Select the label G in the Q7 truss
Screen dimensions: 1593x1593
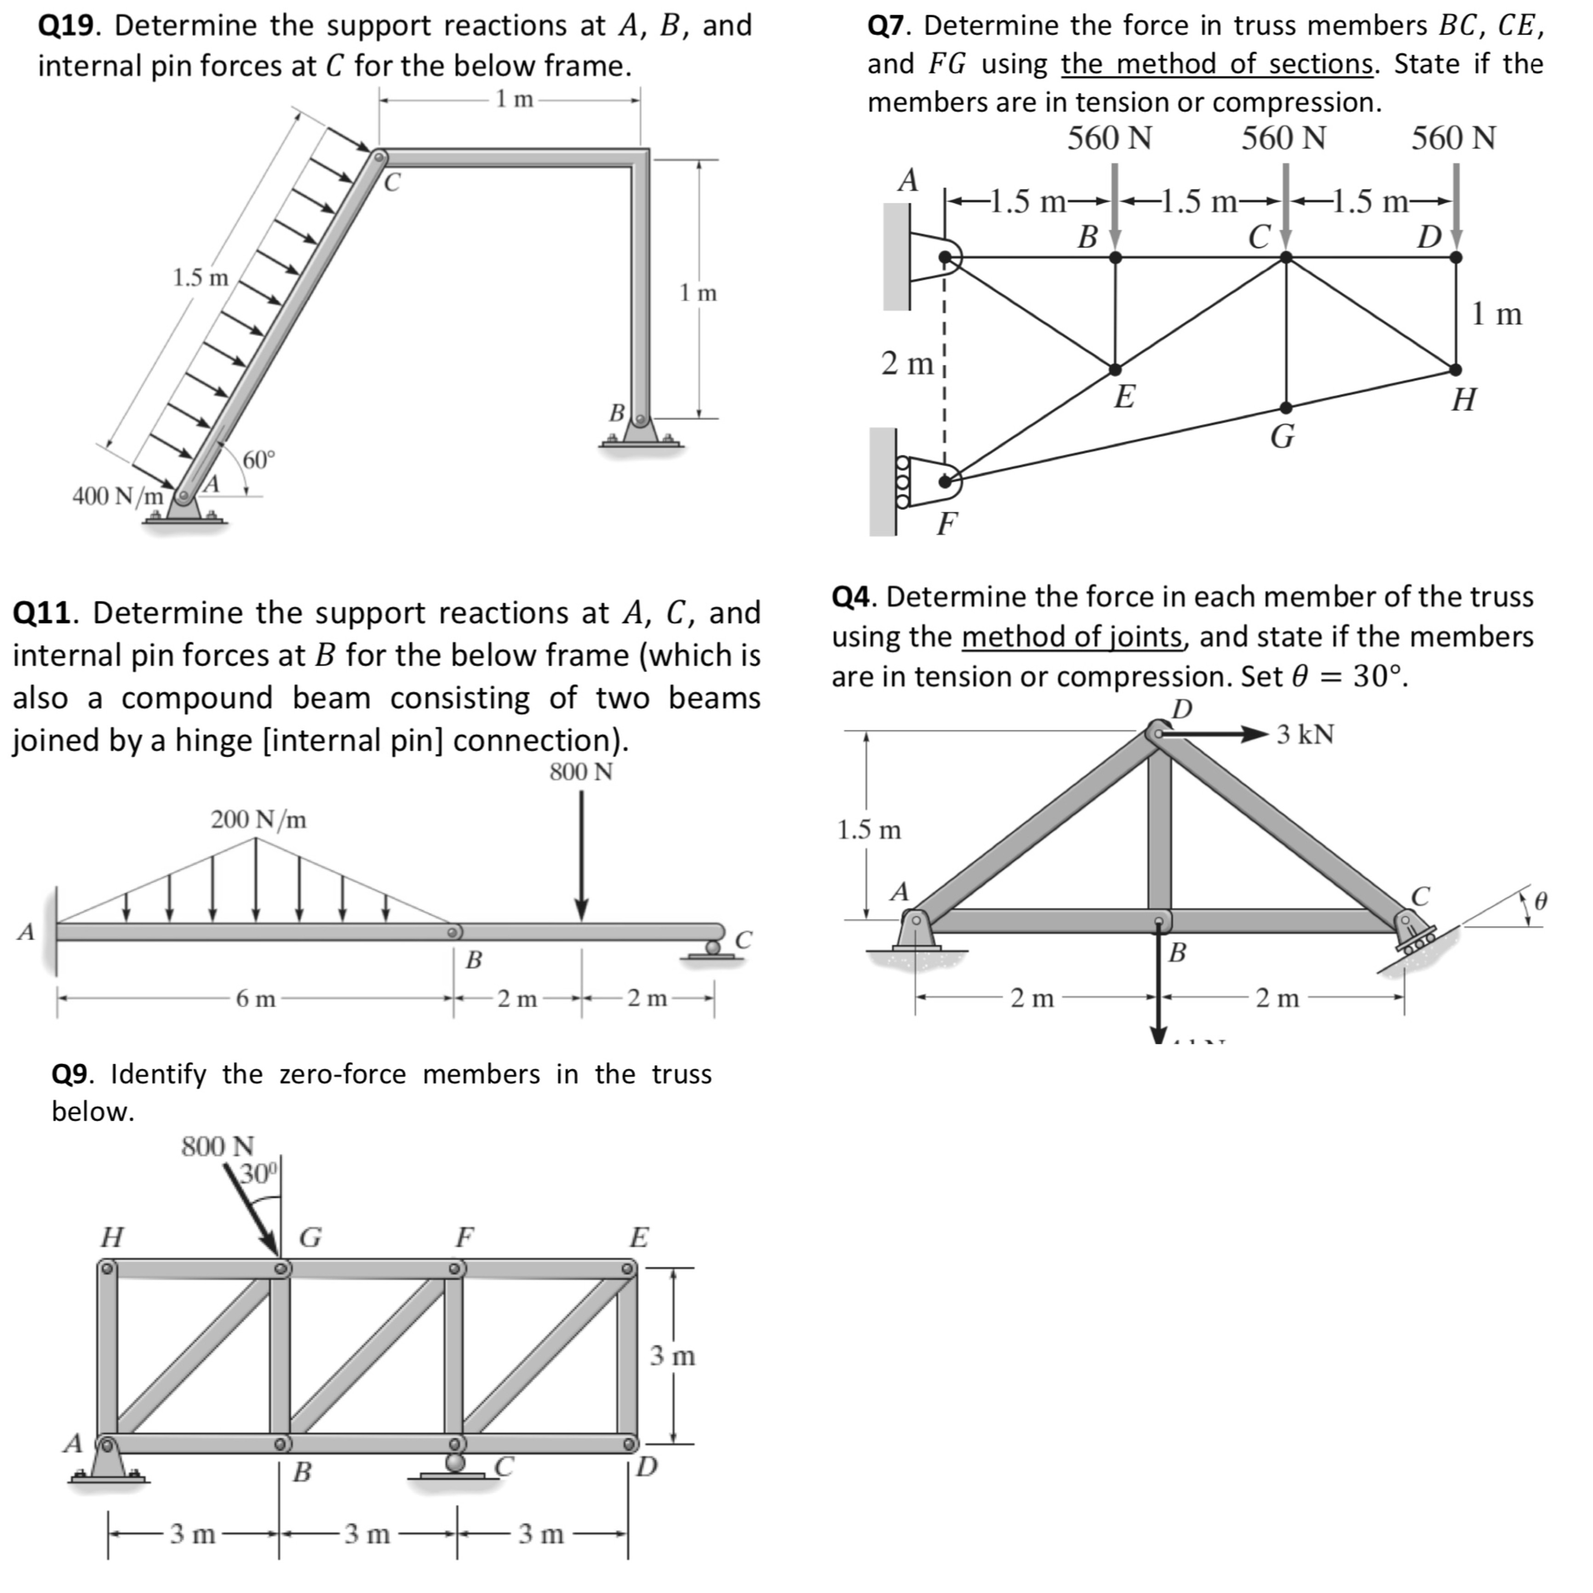(x=1282, y=436)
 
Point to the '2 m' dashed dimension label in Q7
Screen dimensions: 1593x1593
(x=906, y=363)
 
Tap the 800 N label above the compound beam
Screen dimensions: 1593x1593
(x=580, y=773)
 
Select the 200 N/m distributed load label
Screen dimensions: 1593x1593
(x=258, y=819)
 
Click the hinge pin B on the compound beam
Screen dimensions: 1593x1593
(x=453, y=933)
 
